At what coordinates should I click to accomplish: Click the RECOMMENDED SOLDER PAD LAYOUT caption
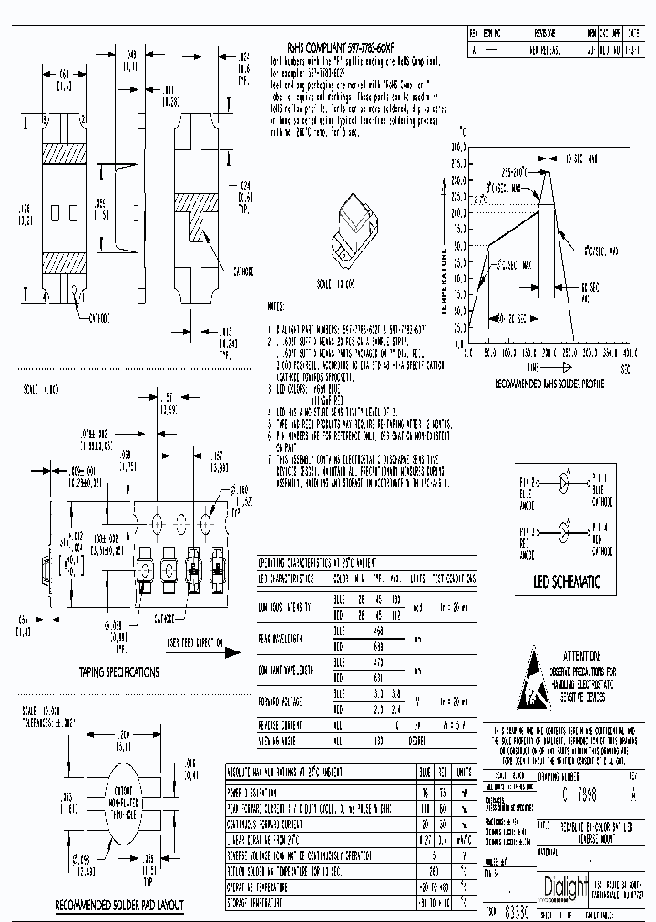pos(119,905)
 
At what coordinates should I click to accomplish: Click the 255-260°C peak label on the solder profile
pos(521,169)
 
